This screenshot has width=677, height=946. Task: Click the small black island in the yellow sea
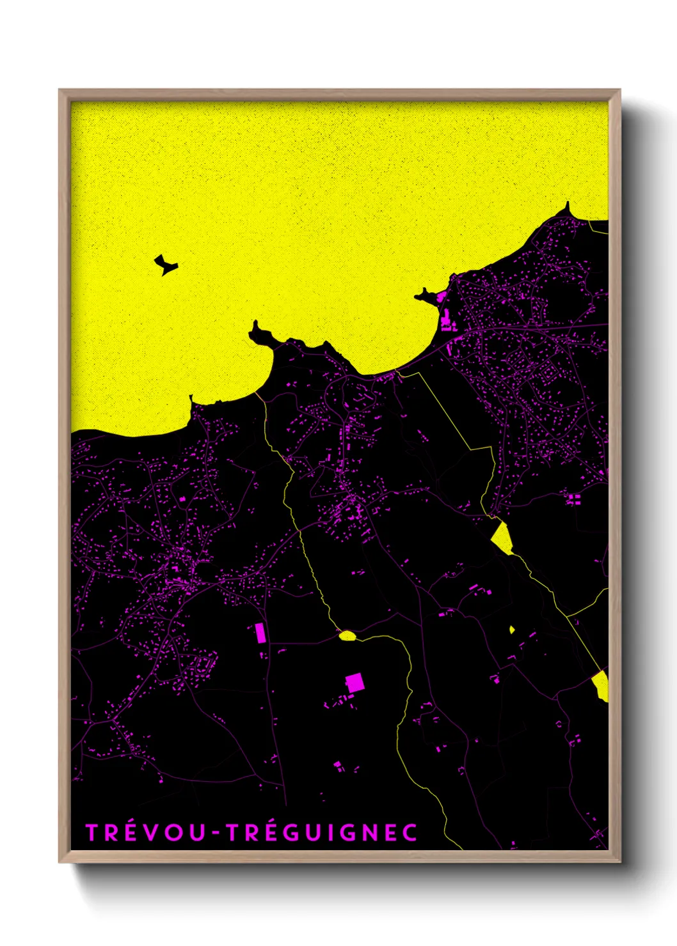pyautogui.click(x=166, y=264)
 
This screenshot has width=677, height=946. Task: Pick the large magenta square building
pyautogui.click(x=354, y=683)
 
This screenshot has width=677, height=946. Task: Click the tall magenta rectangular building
pyautogui.click(x=260, y=633)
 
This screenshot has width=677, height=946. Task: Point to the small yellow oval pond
pyautogui.click(x=347, y=635)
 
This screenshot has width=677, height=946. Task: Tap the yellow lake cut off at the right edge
pyautogui.click(x=601, y=686)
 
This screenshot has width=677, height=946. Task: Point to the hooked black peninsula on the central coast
pyautogui.click(x=260, y=333)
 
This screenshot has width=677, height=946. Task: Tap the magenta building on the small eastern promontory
pyautogui.click(x=441, y=297)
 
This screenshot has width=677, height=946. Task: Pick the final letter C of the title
pyautogui.click(x=411, y=832)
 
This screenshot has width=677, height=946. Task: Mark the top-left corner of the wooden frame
pyautogui.click(x=60, y=91)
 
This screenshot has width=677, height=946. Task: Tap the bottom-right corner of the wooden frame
pyautogui.click(x=619, y=861)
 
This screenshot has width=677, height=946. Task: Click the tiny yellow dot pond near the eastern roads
pyautogui.click(x=512, y=629)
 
